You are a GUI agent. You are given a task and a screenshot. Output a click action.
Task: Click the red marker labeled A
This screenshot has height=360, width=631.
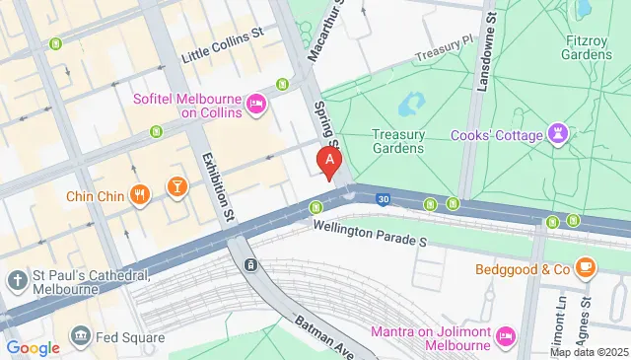[329, 161]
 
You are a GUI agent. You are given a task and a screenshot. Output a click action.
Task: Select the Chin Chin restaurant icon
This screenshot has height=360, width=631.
[141, 195]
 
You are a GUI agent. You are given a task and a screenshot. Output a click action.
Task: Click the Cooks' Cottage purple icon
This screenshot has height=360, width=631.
[561, 135]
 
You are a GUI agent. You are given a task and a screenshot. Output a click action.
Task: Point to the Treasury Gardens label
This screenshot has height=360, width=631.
[397, 141]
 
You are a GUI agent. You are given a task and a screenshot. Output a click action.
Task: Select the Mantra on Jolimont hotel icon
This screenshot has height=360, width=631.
[506, 337]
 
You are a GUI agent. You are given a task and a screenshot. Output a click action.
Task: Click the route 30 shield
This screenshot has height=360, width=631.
[383, 199]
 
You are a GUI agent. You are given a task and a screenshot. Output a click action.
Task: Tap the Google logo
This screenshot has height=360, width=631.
[32, 347]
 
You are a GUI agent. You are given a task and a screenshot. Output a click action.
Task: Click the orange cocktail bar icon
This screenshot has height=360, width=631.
[176, 187]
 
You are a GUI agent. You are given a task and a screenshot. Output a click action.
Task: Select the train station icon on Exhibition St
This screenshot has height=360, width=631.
[252, 264]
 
